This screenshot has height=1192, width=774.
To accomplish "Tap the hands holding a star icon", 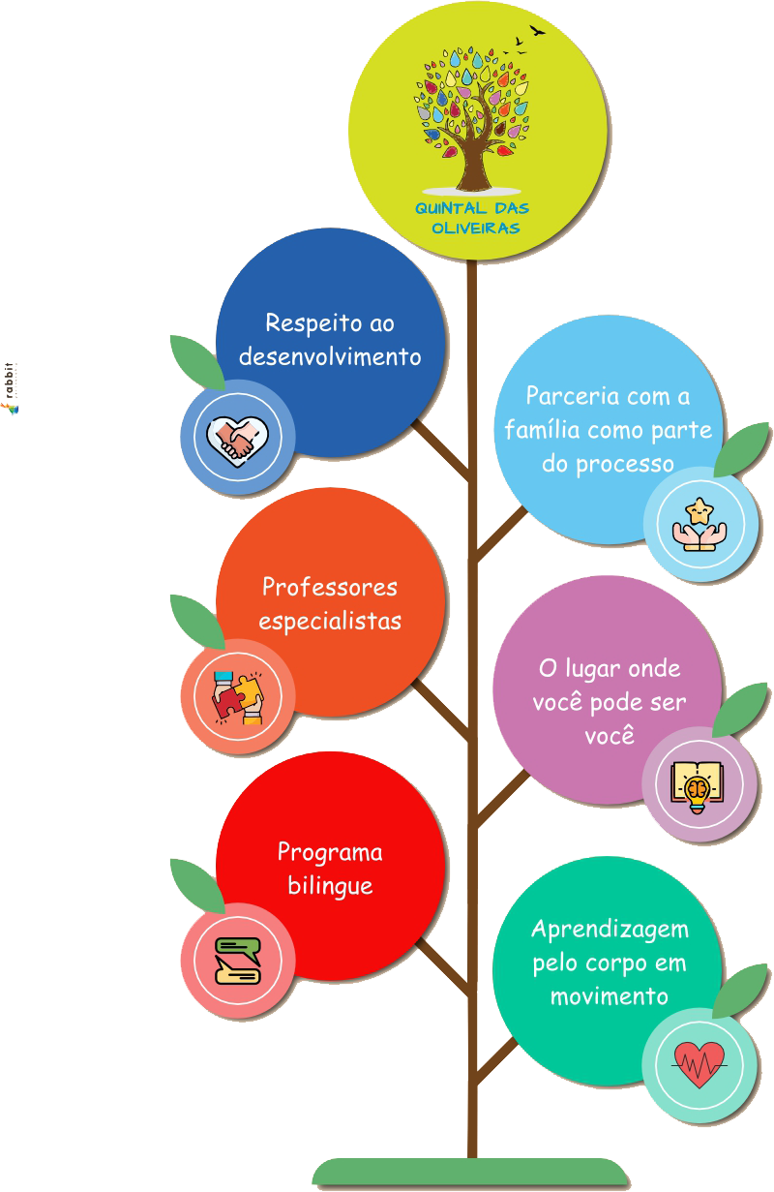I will click(x=700, y=525).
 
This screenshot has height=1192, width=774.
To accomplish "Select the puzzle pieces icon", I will click(x=237, y=696).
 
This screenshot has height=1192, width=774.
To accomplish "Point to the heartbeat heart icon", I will click(x=699, y=1064).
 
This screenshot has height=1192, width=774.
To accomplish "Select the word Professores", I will click(x=330, y=587).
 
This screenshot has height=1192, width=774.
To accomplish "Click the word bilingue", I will click(x=330, y=886).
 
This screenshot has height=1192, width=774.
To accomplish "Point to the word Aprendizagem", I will click(x=610, y=929).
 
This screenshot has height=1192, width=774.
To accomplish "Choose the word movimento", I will click(x=610, y=996).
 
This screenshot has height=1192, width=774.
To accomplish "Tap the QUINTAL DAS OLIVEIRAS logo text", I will click(x=472, y=219).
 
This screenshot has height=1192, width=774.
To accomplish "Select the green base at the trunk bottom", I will click(x=471, y=1173).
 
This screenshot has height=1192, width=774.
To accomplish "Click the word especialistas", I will click(x=330, y=621).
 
